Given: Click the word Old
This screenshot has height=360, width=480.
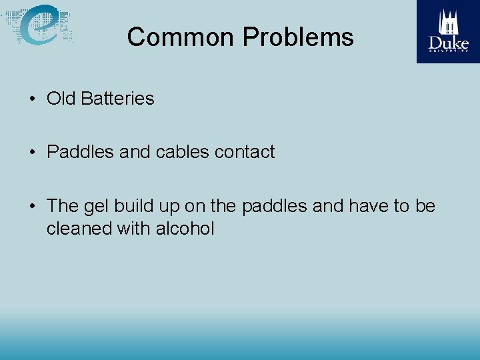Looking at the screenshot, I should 61,99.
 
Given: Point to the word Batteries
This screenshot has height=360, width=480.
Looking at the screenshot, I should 117,99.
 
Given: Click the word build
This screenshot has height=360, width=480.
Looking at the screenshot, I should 131,206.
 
